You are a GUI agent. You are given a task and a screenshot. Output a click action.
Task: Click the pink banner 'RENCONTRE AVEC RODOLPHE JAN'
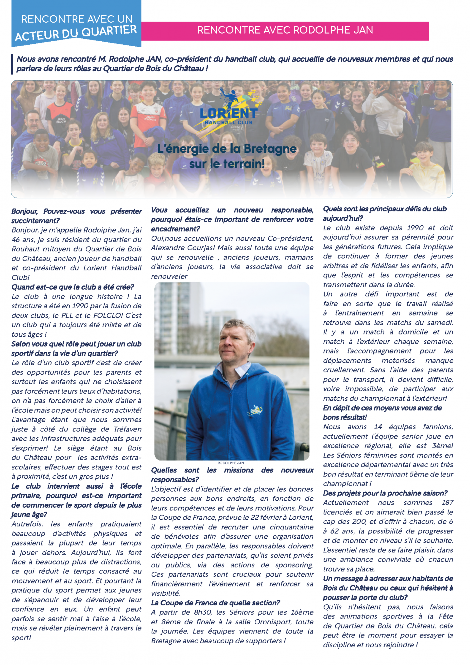285,30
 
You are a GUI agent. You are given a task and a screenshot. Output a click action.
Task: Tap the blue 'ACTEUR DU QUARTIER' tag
76,33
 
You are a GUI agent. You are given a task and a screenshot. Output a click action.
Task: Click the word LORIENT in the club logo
229,113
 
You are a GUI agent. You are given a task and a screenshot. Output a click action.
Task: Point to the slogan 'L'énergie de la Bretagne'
227,149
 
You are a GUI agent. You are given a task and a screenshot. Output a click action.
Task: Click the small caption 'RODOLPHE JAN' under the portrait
231,463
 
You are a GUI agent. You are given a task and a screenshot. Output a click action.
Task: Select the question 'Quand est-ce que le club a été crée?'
73,287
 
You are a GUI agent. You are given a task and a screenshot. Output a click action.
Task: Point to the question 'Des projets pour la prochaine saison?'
385,493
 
